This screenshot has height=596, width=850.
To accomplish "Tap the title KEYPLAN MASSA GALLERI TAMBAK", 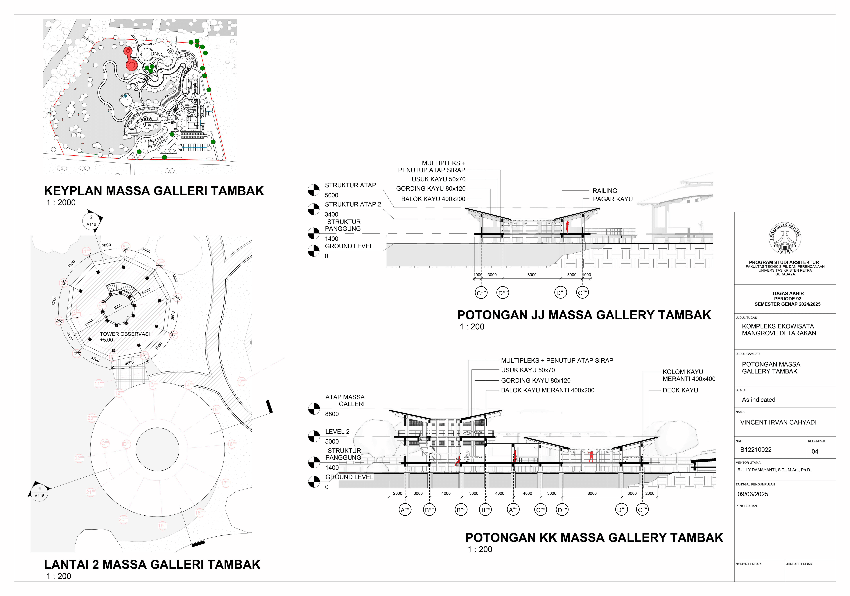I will (x=154, y=191).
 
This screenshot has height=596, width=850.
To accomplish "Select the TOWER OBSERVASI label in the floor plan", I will (x=125, y=334).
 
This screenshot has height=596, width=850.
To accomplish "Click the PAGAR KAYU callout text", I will (x=613, y=199).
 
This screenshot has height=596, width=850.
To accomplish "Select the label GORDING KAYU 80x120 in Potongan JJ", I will (x=431, y=189).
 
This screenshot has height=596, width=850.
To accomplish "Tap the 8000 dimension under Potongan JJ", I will (x=532, y=275).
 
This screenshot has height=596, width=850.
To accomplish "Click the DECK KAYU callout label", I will (x=680, y=390).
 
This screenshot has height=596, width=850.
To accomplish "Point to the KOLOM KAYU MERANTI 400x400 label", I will (x=689, y=375).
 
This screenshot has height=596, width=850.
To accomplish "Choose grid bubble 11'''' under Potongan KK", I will (x=485, y=510).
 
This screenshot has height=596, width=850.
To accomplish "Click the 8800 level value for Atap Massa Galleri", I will (x=332, y=414).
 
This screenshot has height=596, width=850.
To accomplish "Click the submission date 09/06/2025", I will (x=753, y=494).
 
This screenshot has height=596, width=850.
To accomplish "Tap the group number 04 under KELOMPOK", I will (x=815, y=451).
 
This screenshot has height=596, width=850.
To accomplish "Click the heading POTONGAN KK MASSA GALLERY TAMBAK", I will (x=594, y=538).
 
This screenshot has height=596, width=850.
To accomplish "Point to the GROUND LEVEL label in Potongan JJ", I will (x=349, y=246).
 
